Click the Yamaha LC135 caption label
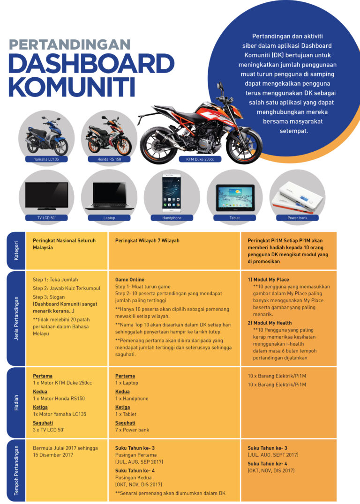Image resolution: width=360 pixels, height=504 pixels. pyautogui.click(x=46, y=159)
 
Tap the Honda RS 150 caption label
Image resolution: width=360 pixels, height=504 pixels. pyautogui.click(x=109, y=159)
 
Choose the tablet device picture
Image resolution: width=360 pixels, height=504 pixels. pyautogui.click(x=235, y=197)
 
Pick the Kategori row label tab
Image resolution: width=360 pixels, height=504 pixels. pyautogui.click(x=17, y=250)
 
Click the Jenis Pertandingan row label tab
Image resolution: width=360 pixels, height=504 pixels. pyautogui.click(x=17, y=319)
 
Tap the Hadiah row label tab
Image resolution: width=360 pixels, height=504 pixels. pyautogui.click(x=17, y=402)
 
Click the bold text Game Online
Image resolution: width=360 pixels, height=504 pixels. pyautogui.click(x=130, y=280)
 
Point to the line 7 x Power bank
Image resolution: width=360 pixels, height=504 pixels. pyautogui.click(x=132, y=430)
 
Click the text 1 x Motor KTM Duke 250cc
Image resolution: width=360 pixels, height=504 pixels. pyautogui.click(x=62, y=383)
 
